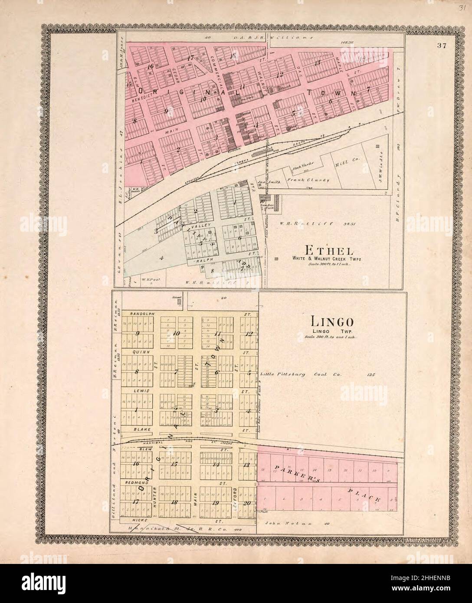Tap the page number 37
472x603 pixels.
(442, 45)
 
